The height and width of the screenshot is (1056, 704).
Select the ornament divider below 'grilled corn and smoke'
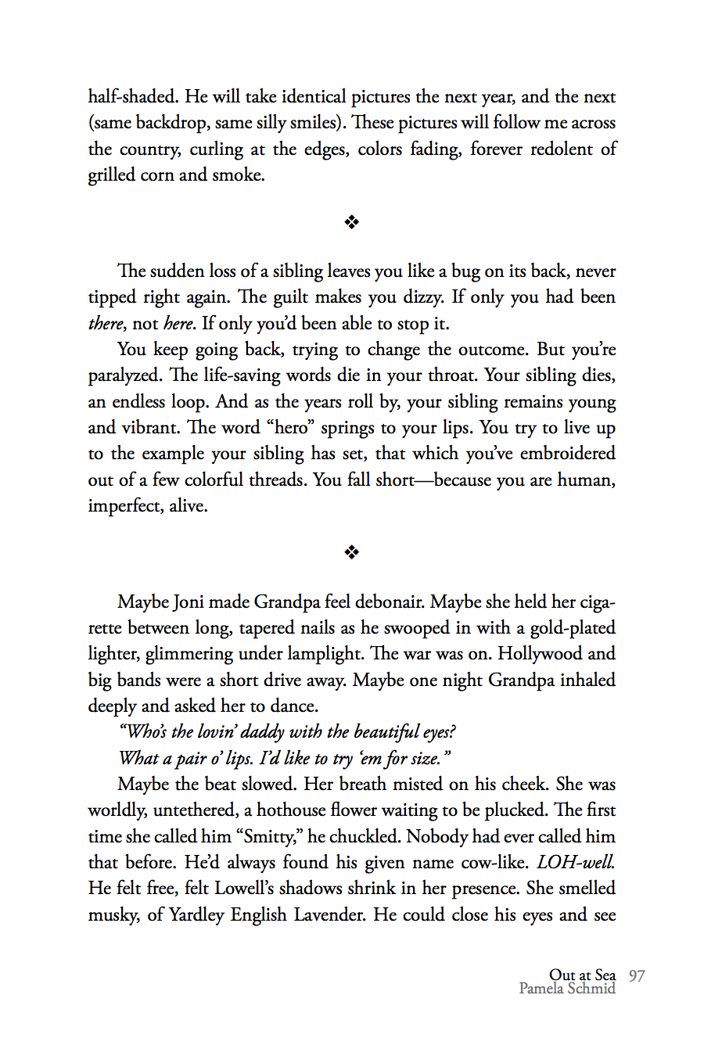[352, 223]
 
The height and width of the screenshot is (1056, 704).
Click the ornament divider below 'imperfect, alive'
[352, 553]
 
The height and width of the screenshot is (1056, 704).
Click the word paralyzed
[125, 376]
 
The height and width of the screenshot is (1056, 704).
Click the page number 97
[637, 975]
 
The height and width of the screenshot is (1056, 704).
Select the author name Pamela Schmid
[567, 989]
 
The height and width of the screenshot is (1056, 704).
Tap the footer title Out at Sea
[582, 975]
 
